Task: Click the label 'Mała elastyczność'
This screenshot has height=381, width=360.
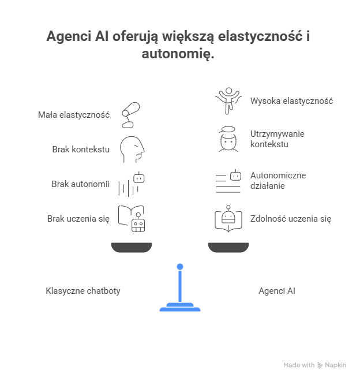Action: pos(74,115)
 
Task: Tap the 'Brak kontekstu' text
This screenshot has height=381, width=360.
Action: pos(81,150)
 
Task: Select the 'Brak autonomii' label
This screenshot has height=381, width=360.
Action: pos(81,184)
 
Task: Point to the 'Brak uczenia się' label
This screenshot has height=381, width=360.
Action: pos(78,219)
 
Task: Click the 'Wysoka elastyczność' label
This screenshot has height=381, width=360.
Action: pos(291,101)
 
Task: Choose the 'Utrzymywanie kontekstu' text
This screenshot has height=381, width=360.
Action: pos(277,139)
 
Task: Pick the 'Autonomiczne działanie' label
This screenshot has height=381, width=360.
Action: pos(278,180)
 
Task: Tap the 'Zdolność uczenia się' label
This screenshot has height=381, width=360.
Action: pos(290,219)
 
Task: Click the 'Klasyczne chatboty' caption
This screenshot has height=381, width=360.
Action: pos(83,290)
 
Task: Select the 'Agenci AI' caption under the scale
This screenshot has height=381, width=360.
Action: pos(277,290)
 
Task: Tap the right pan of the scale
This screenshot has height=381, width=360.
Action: pos(228,248)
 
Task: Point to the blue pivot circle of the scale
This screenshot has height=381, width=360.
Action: pos(180,266)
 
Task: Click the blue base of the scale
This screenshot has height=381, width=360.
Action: pos(180,307)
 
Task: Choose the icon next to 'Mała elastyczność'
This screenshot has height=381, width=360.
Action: pos(130,114)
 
